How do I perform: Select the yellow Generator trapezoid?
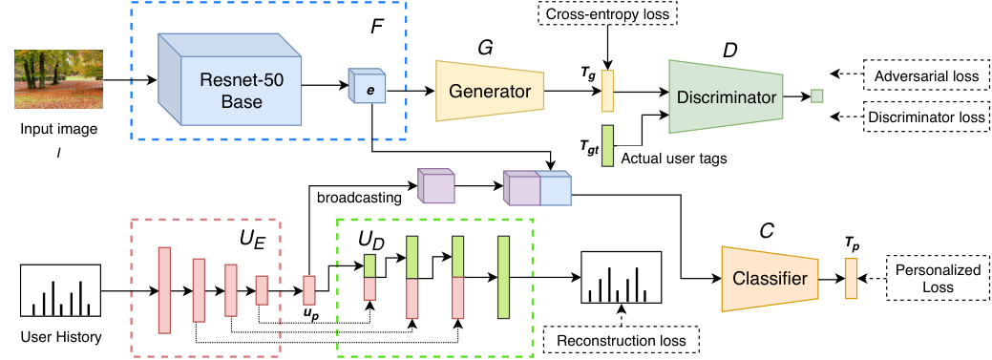pos(490,91)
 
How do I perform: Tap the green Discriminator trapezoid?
pos(726,96)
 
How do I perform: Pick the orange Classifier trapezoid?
pos(770,279)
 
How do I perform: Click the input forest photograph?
pos(59,79)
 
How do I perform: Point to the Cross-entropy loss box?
pos(606,13)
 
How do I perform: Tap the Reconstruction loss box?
pos(622,340)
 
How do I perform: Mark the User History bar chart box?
pos(61,291)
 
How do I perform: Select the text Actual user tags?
pos(674,159)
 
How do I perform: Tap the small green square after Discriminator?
pos(816,96)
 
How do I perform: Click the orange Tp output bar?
pos(851,279)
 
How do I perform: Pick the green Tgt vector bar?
pos(608,146)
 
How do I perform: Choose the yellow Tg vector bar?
pos(608,91)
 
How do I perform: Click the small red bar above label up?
pos(309,290)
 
